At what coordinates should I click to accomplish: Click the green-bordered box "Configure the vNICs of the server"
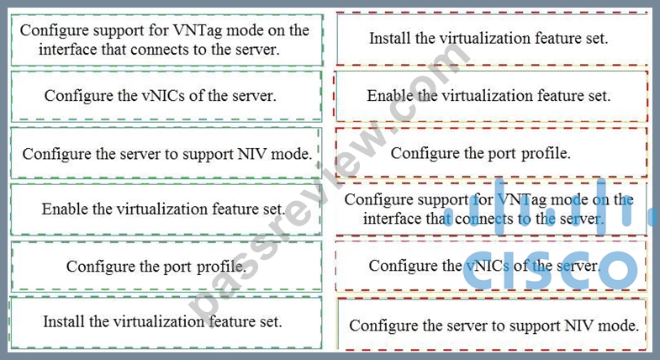coord(166,96)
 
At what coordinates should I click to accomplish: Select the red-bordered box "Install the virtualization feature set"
coord(492,39)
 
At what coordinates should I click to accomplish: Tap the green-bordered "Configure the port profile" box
coord(166,266)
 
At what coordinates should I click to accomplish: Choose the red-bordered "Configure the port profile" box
coord(491,153)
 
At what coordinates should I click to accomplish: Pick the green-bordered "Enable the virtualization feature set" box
coord(166,209)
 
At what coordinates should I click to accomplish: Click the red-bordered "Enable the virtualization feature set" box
coord(491,96)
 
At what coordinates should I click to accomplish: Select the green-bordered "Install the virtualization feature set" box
coord(166,322)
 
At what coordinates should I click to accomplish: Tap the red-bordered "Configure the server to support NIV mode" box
coord(492,325)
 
